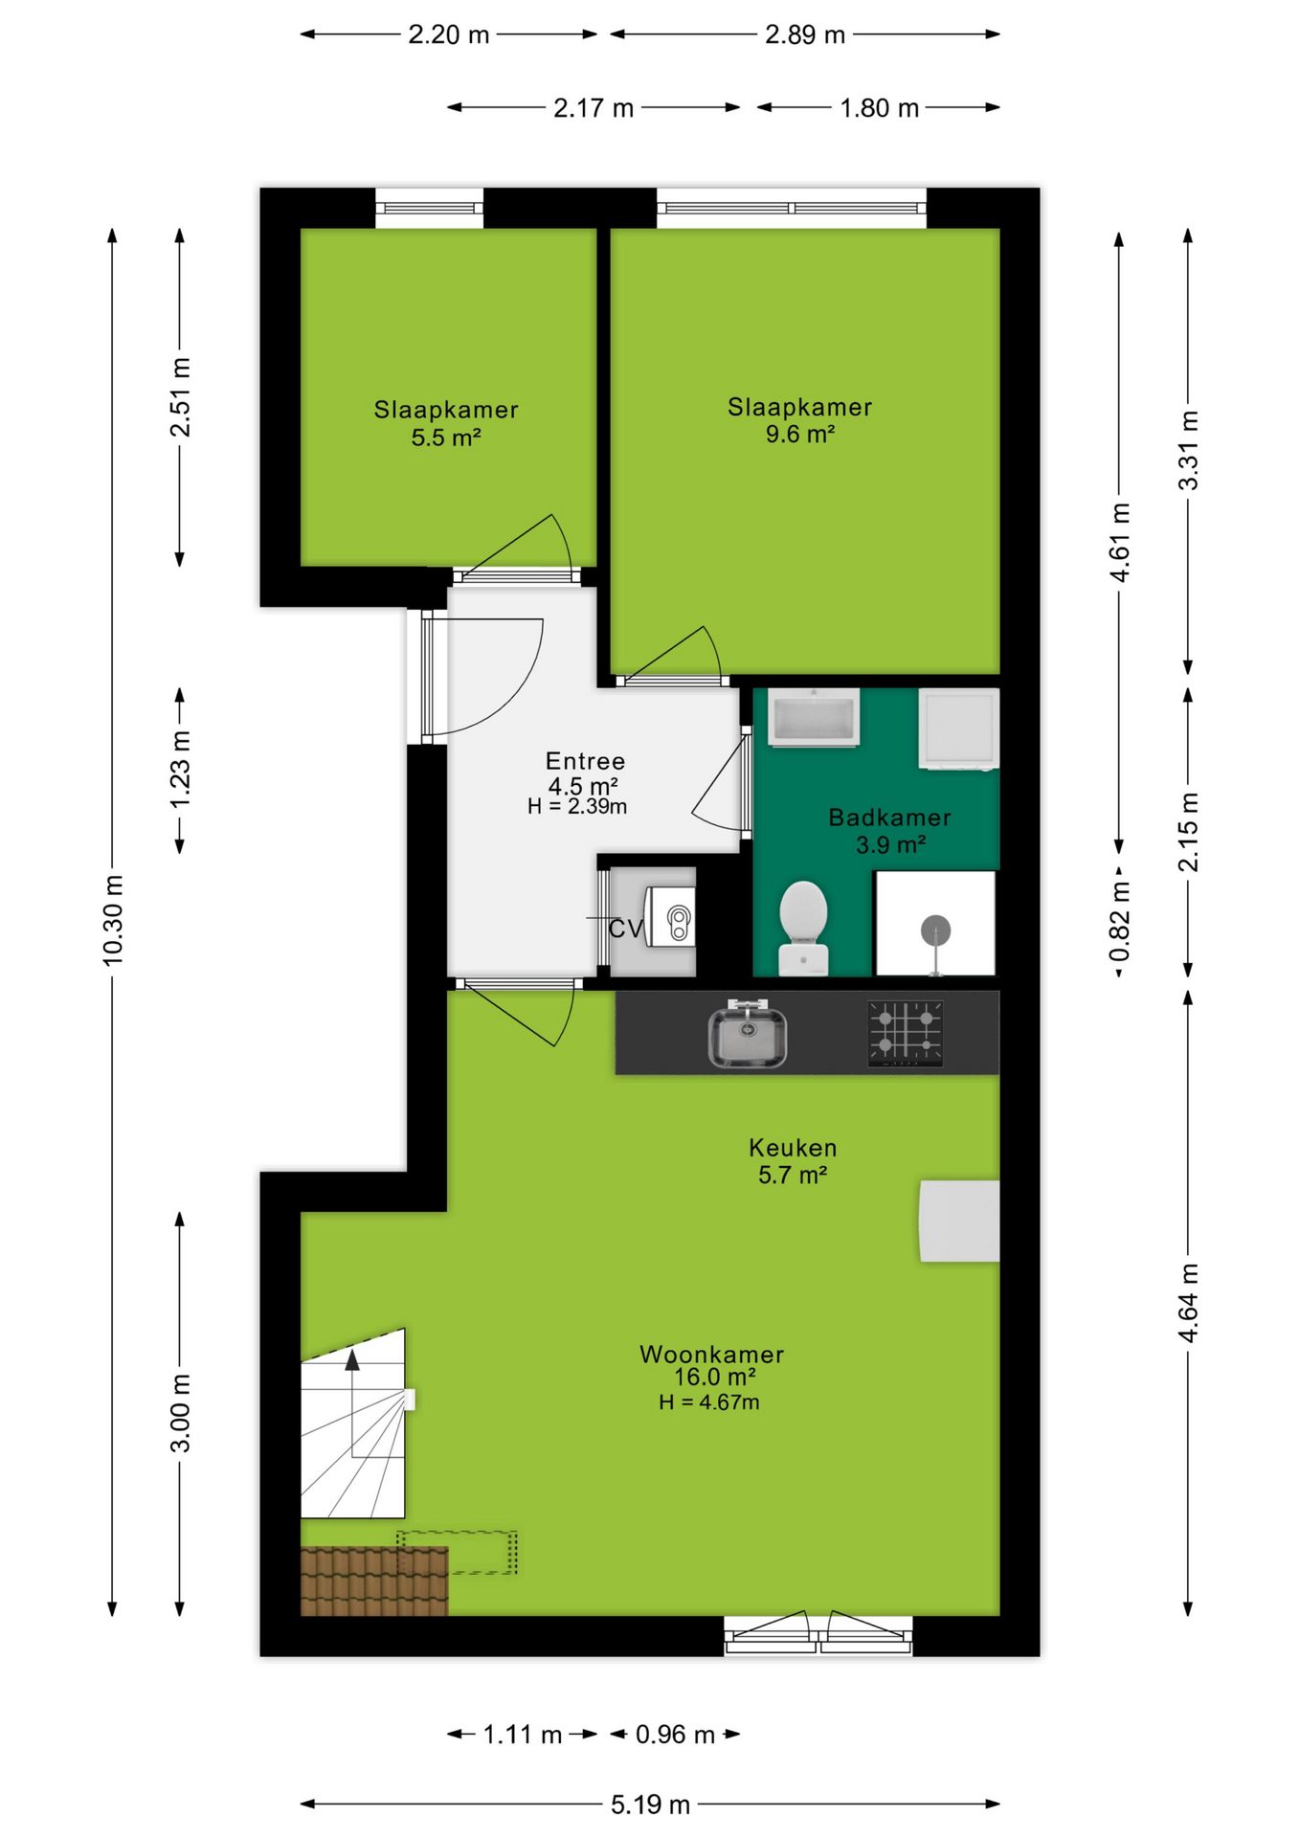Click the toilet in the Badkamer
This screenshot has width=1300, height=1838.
803,928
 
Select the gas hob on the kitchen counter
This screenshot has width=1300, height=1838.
906,1034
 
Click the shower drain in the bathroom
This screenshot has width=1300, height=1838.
935,930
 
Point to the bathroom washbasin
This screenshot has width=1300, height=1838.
814,717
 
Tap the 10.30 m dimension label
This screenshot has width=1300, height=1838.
113,920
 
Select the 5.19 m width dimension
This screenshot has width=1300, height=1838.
650,1804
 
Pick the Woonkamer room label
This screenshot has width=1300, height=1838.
711,1355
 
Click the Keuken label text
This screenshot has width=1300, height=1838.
793,1148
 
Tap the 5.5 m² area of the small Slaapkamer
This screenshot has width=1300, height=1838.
446,437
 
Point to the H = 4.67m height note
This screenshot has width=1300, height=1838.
709,1402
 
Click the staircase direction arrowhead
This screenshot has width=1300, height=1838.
352,1359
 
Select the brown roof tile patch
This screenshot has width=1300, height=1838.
374,1581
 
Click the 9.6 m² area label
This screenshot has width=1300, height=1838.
800,434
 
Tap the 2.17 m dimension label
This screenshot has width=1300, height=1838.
594,108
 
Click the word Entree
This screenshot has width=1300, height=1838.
585,761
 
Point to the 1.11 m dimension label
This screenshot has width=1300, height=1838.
522,1735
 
